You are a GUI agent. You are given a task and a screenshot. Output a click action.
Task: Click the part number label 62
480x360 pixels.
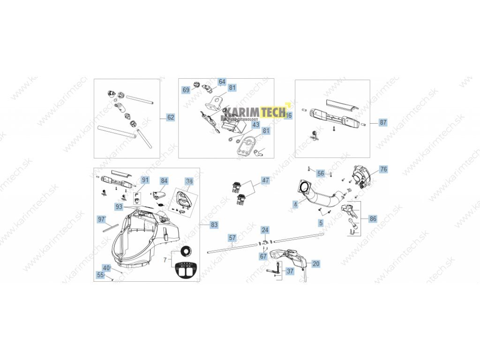[x=171, y=117]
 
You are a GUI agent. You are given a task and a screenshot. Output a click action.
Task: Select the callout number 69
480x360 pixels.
[x=186, y=90]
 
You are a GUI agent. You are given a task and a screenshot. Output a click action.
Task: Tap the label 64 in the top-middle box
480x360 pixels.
[x=222, y=82]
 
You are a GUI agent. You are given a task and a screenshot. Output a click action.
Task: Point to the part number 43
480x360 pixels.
[x=255, y=125]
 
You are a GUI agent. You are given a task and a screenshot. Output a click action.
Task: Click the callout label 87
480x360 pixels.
[x=383, y=122]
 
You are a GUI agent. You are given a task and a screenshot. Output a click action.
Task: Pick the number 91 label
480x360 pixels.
[x=145, y=180]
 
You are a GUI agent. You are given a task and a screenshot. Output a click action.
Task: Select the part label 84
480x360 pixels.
[x=164, y=180]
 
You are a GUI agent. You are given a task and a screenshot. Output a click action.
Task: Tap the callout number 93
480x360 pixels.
[x=119, y=207]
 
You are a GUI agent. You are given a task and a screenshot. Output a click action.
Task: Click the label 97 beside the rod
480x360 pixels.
[x=101, y=219]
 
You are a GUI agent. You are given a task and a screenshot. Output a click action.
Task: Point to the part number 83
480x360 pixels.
[x=214, y=225]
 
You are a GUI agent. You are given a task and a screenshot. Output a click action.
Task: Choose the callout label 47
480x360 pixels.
[x=266, y=180]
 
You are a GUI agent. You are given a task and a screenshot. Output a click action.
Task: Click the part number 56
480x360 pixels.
[x=321, y=173]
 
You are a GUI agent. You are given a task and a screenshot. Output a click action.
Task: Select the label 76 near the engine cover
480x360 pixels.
[x=383, y=169]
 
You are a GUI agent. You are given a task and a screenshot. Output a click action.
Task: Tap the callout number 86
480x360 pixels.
[x=373, y=218]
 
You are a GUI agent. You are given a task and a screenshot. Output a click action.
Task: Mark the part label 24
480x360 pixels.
[x=265, y=230]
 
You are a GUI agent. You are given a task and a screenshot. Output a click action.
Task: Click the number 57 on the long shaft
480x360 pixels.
[x=232, y=238]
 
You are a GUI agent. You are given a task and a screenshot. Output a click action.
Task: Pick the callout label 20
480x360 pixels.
[x=316, y=264]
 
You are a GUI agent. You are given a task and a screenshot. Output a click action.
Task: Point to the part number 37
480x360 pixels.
[x=290, y=271]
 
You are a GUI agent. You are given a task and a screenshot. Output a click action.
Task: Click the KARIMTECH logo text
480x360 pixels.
[x=255, y=112]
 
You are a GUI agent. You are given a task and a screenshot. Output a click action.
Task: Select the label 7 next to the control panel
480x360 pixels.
[x=165, y=260]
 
